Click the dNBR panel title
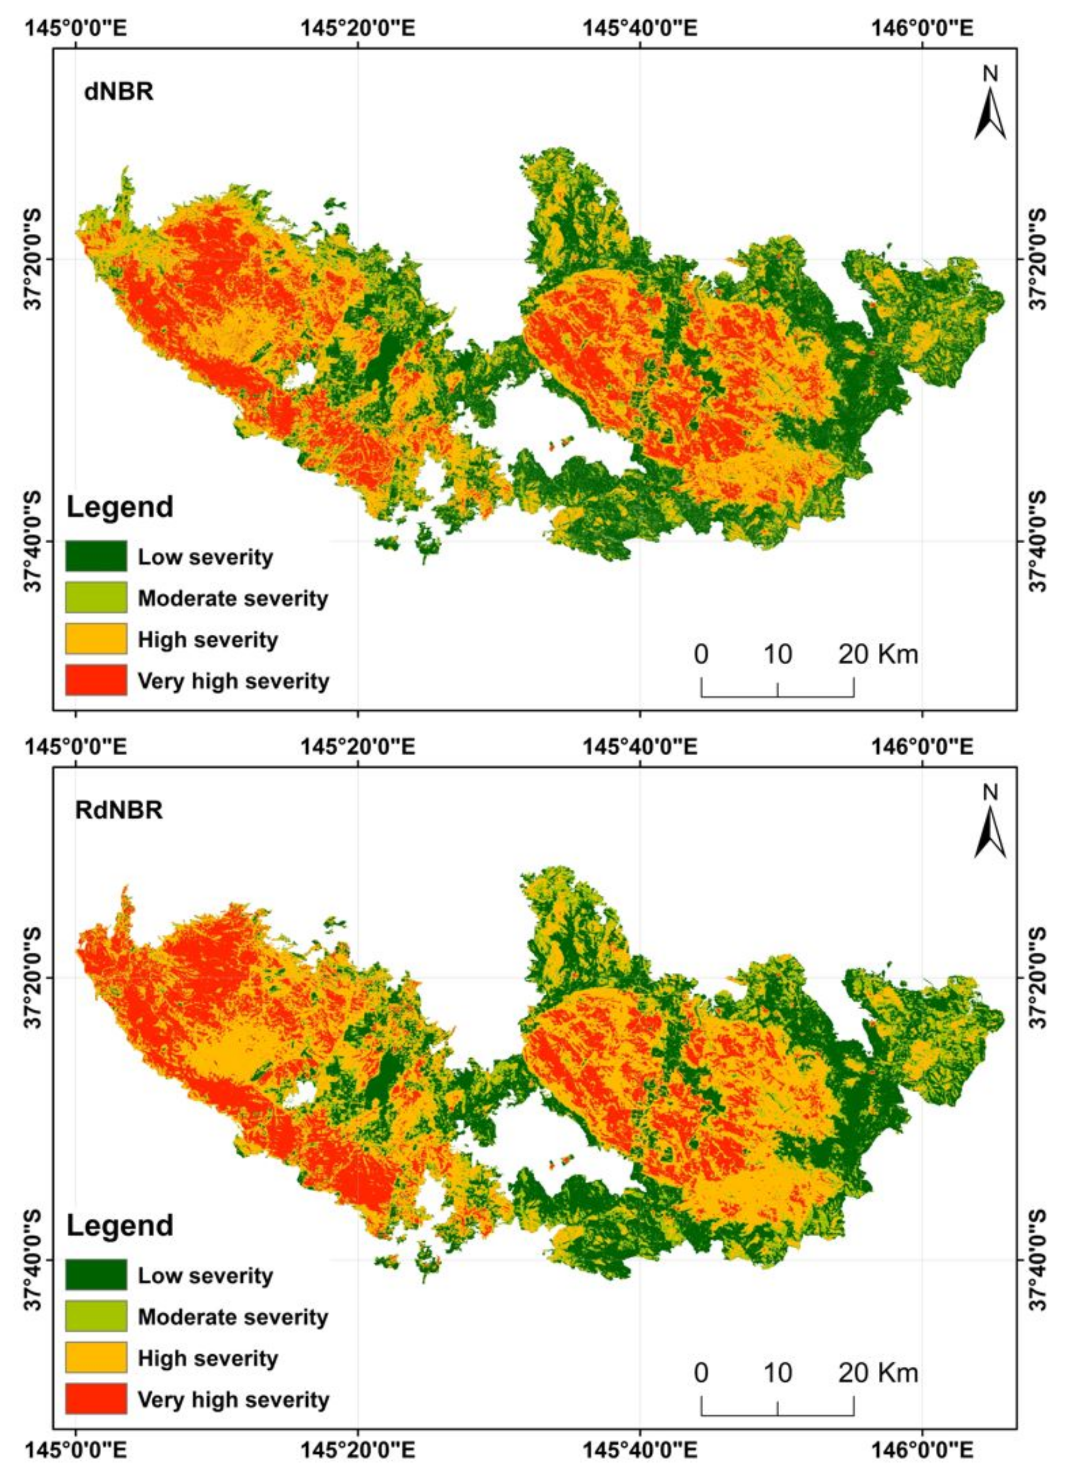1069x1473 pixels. point(119,92)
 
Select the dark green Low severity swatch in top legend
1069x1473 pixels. point(96,556)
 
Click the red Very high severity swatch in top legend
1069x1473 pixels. point(96,680)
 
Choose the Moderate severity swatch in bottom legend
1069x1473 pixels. point(96,1315)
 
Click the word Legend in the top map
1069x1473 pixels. point(120,506)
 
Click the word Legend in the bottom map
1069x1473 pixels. point(120,1225)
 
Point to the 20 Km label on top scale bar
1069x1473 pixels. point(878,654)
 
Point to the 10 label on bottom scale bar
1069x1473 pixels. point(778,1372)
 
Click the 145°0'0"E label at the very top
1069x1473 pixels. point(76,29)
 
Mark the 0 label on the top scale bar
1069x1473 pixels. point(701,654)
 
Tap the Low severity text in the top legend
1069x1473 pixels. point(205,557)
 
